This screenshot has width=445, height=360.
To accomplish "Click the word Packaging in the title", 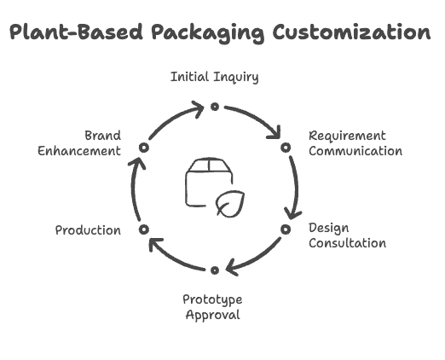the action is tap(208, 33).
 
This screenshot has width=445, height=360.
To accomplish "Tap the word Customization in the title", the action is tap(352, 32).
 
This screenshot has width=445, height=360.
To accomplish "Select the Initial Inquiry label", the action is tap(215, 77).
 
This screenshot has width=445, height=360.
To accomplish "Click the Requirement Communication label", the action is tap(355, 143).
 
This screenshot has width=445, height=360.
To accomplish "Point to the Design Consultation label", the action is tap(347, 235).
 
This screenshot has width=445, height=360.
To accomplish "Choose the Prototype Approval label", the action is tap(212, 307).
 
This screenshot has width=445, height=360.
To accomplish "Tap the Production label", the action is tap(88, 230).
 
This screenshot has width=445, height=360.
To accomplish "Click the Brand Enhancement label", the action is tap(79, 143).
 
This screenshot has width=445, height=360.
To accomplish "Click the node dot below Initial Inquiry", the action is tap(215, 107).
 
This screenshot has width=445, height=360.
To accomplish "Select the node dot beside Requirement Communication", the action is tap(286, 148).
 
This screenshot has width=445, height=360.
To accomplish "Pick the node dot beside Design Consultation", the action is tap(286, 229).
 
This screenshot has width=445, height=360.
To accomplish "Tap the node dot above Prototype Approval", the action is tap(215, 270).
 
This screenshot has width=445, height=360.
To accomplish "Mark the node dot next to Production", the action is tap(144, 229).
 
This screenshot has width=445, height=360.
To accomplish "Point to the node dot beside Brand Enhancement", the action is tap(144, 148).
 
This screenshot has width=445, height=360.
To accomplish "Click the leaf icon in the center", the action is tap(230, 204).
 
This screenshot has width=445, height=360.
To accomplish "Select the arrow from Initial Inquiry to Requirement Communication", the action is tap(257, 117).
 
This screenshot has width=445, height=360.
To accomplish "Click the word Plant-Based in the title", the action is tap(76, 32).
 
